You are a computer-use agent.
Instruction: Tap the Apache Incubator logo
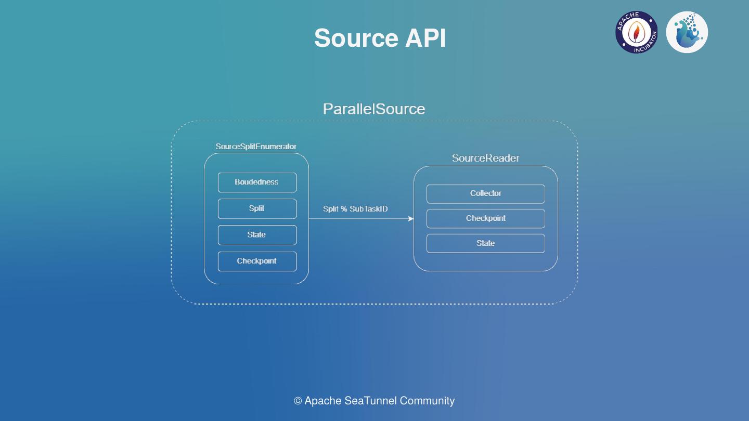point(636,32)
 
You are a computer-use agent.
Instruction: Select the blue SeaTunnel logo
point(687,32)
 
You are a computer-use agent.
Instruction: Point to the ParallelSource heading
point(374,109)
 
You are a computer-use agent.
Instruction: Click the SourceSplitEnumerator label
point(256,147)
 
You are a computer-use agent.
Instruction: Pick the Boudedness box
point(257,182)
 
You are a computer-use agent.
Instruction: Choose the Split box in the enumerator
point(257,208)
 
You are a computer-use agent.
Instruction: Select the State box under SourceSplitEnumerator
point(257,235)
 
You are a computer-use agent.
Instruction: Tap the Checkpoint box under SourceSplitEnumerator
point(257,261)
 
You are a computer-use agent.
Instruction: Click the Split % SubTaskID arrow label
point(355,209)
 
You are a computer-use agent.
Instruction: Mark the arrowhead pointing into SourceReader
point(411,219)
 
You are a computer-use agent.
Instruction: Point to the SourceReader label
point(485,158)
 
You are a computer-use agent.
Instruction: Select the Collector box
point(485,193)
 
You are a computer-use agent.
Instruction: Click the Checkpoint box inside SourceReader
point(485,218)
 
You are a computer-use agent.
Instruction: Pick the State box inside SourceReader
point(485,243)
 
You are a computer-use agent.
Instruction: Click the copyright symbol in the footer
point(298,401)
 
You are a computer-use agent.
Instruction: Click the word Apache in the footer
point(322,401)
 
